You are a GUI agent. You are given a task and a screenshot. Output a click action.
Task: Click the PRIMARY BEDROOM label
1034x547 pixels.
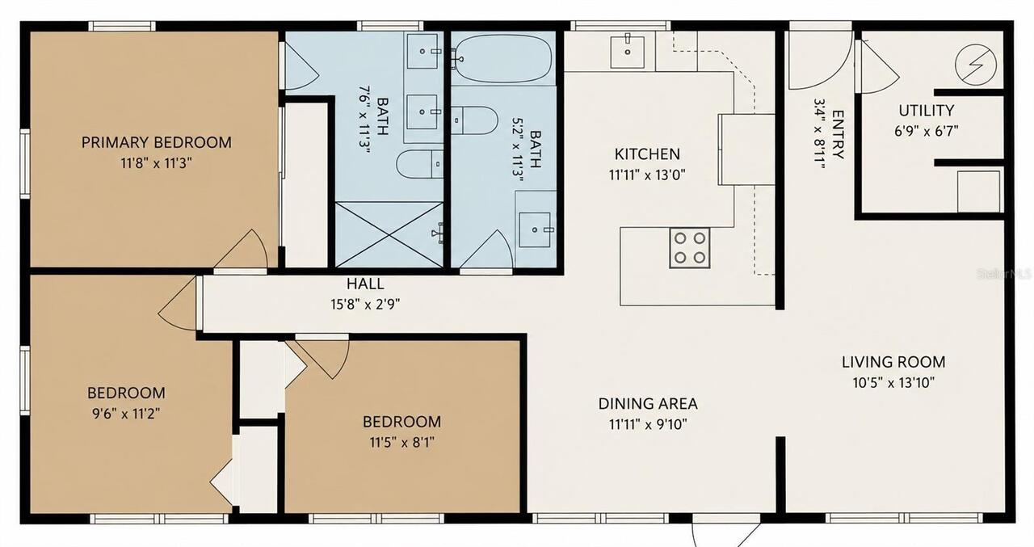pyautogui.click(x=157, y=142)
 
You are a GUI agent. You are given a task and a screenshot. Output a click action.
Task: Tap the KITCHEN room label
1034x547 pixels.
pyautogui.click(x=647, y=154)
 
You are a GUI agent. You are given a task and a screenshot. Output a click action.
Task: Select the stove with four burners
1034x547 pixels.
pyautogui.click(x=690, y=248)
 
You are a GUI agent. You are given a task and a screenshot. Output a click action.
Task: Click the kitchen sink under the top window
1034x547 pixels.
pyautogui.click(x=628, y=53)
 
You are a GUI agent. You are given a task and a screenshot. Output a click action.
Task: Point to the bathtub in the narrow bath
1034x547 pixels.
pyautogui.click(x=503, y=59)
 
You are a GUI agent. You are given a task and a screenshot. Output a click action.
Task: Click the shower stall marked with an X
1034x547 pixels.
pyautogui.click(x=389, y=234)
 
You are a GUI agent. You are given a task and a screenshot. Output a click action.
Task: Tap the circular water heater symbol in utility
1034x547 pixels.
pyautogui.click(x=975, y=65)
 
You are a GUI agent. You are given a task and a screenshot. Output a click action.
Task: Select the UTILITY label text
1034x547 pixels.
pyautogui.click(x=926, y=111)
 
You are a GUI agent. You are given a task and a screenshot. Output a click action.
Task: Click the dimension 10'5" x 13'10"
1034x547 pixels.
pyautogui.click(x=893, y=383)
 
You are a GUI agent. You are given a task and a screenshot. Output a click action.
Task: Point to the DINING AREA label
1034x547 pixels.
pyautogui.click(x=648, y=404)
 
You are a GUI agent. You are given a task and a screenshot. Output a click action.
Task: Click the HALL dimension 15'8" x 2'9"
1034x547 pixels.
pyautogui.click(x=365, y=305)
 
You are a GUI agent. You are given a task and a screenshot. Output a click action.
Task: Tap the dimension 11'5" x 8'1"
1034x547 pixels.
pyautogui.click(x=401, y=443)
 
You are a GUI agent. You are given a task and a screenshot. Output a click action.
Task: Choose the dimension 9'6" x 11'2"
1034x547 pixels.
pyautogui.click(x=126, y=414)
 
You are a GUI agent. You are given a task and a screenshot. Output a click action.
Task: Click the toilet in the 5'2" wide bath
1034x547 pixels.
pyautogui.click(x=473, y=120)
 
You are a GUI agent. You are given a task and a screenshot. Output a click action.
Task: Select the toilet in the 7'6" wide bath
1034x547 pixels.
pyautogui.click(x=419, y=163)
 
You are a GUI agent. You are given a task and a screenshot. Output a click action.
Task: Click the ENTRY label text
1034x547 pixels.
pyautogui.click(x=838, y=134)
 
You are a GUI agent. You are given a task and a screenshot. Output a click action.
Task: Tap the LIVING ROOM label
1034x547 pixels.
pyautogui.click(x=893, y=362)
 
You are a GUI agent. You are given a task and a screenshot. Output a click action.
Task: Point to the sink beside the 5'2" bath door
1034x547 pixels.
pyautogui.click(x=535, y=229)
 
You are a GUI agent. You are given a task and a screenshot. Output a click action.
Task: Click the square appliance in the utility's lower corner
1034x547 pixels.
pyautogui.click(x=978, y=191)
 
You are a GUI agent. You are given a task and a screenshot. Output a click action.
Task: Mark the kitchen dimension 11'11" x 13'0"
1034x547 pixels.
pyautogui.click(x=647, y=175)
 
